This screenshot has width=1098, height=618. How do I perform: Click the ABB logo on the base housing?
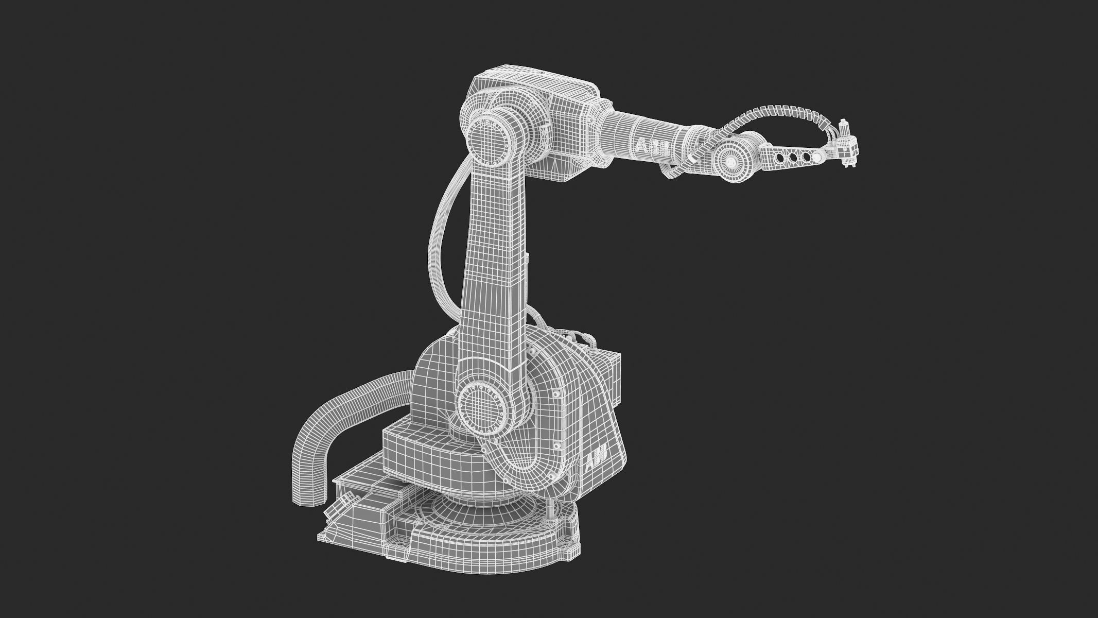(597, 456)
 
